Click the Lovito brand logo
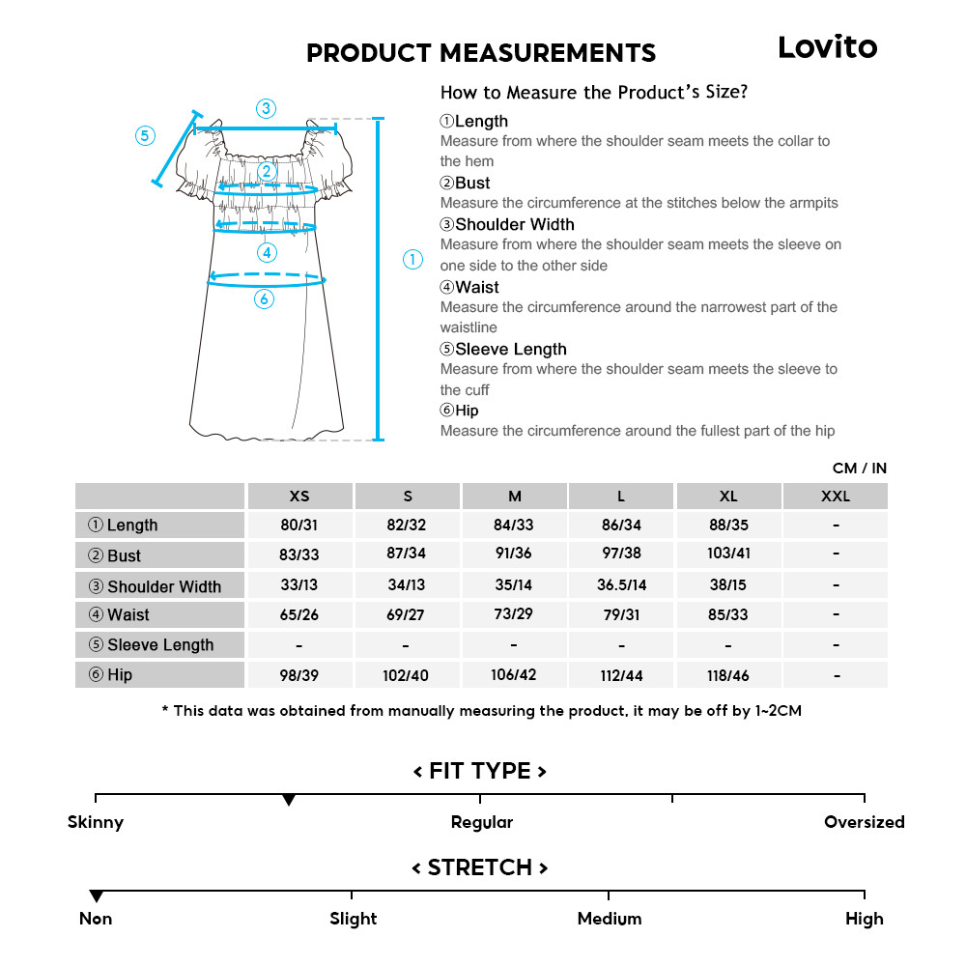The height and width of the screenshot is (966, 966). pos(827,47)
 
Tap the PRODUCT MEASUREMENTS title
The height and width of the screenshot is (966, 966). pos(480,53)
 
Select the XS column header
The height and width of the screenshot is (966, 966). pos(299,497)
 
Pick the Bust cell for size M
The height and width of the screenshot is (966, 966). pos(514,554)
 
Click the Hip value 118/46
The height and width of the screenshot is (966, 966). pos(727,676)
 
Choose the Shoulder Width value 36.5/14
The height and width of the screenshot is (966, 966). pos(621,585)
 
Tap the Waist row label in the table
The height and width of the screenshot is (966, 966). pos(128,615)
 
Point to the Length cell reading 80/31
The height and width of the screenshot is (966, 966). pos(299,526)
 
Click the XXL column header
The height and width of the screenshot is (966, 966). pos(835,497)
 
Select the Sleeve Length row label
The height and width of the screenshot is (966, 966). pos(159,645)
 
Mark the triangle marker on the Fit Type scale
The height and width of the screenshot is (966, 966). pos(288,801)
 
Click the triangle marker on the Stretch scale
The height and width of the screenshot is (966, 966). pos(96,896)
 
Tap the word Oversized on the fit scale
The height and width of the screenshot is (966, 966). pos(864,823)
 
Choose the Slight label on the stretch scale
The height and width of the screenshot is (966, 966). pos(353,919)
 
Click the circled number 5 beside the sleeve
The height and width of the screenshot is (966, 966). pos(145,136)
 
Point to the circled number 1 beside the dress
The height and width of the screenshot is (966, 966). pos(412,260)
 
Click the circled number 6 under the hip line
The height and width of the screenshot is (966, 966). pos(265,299)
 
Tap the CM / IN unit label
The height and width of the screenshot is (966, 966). pos(859,469)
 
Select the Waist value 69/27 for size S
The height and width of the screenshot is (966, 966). pos(407,615)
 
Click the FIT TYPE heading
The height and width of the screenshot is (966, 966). pos(480,771)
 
